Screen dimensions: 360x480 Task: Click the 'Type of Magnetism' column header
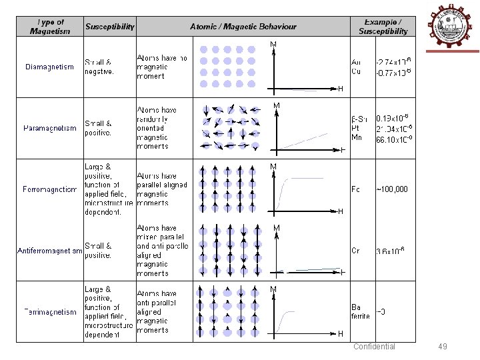coord(49,27)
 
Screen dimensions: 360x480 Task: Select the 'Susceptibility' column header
coord(109,27)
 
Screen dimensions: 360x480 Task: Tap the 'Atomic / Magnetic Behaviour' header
coord(243,27)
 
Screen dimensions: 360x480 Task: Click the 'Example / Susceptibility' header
coord(383,27)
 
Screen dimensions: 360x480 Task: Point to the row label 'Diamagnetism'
coord(49,67)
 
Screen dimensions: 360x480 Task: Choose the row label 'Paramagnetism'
coord(50,128)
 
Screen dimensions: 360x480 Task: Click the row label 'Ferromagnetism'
coord(50,189)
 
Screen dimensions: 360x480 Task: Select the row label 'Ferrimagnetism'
coord(50,312)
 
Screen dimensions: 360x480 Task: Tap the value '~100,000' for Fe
coord(392,189)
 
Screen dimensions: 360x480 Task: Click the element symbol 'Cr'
coord(355,251)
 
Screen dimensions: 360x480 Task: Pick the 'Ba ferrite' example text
coord(360,311)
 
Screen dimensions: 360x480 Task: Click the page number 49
coord(443,347)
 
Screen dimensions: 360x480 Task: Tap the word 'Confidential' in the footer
coord(374,347)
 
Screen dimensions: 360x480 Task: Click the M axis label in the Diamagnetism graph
coord(273,45)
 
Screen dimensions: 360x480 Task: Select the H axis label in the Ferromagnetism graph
coord(340,211)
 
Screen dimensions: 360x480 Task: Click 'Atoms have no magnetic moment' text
coord(161,67)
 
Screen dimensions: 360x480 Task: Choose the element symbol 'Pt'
coord(355,128)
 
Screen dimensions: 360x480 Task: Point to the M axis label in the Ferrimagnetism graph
coord(273,289)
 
